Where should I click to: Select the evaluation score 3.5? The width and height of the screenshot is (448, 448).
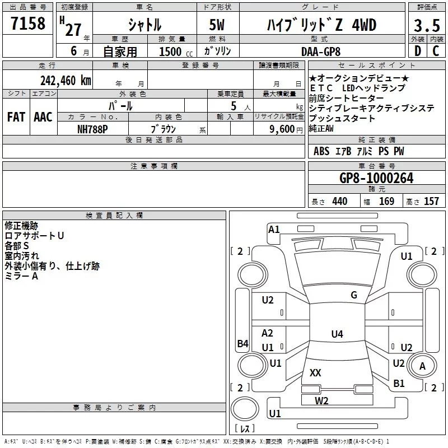426,26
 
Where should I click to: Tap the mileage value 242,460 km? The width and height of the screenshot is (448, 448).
66,80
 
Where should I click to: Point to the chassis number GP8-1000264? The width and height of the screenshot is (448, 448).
376,179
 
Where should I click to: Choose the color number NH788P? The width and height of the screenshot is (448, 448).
93,129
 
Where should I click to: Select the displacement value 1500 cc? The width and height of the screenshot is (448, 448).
174,52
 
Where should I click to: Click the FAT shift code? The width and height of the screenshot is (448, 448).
16,117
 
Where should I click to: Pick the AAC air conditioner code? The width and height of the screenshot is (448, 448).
43,117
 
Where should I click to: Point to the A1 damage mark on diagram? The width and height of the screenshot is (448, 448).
274,229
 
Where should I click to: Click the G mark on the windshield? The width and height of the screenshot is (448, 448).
353,295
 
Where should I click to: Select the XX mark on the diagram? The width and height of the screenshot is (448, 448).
315,372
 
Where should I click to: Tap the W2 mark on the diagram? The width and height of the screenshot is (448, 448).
321,400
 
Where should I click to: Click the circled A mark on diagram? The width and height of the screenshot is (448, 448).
423,366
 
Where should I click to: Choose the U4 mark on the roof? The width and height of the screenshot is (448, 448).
337,334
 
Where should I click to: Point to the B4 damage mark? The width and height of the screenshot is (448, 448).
242,344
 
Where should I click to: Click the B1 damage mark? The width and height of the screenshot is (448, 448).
399,384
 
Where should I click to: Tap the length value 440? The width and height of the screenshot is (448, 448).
339,202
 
